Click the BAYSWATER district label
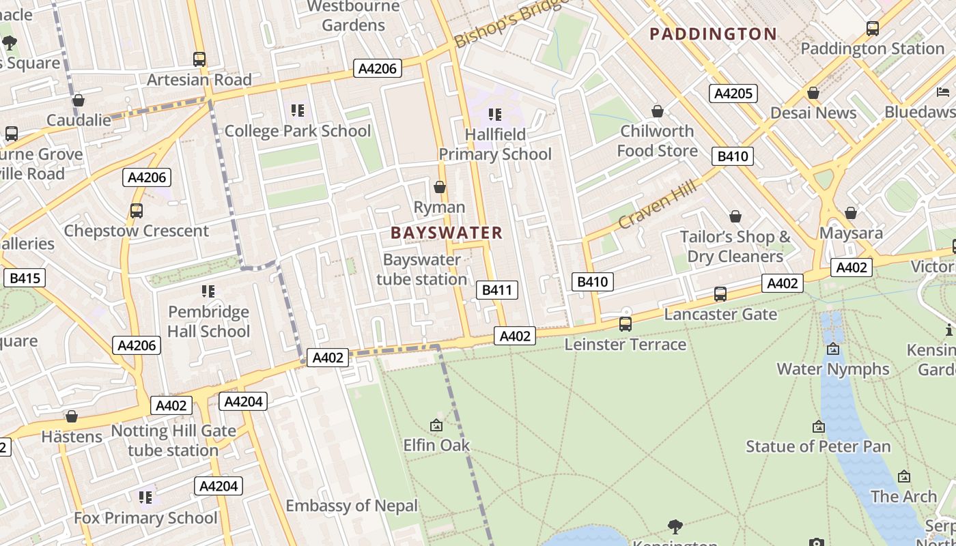[447, 233]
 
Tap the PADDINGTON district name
[713, 34]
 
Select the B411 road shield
[496, 290]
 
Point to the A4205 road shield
[733, 94]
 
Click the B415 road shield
[25, 278]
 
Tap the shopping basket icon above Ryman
[440, 187]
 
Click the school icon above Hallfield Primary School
[495, 114]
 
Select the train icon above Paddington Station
[872, 29]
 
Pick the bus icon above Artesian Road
[199, 59]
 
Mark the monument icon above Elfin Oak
[436, 425]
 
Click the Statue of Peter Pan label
[818, 446]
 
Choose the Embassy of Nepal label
[352, 506]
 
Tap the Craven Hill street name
[657, 204]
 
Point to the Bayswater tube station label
[421, 270]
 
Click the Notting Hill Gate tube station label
[173, 441]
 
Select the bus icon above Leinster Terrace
[625, 324]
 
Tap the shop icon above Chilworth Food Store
[657, 111]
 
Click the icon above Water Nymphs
[833, 349]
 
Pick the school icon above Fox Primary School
[145, 498]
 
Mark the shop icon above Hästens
[72, 416]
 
